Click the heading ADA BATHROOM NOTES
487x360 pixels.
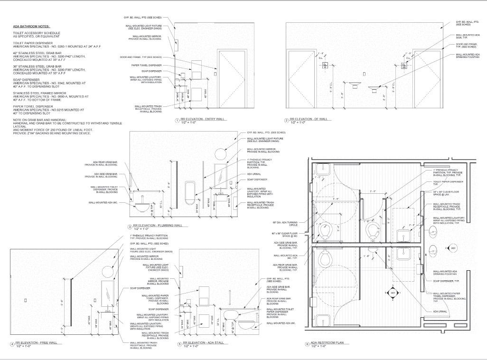(31, 26)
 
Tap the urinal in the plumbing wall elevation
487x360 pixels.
(189, 190)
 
